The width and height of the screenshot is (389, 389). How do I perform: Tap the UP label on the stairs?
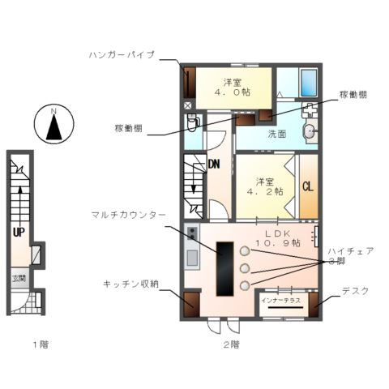(16, 231)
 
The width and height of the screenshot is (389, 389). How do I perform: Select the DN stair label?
(214, 164)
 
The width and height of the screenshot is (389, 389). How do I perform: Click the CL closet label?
(308, 186)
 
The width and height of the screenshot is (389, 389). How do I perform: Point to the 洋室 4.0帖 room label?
(232, 87)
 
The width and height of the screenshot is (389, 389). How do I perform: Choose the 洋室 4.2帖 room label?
(266, 186)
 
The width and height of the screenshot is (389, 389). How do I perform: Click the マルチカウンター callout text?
(128, 214)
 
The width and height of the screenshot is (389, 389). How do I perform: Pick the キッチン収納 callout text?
(130, 284)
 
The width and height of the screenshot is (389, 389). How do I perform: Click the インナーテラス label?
(280, 300)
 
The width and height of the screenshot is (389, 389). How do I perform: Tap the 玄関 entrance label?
(18, 278)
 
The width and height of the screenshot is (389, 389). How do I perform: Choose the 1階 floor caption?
(40, 344)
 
